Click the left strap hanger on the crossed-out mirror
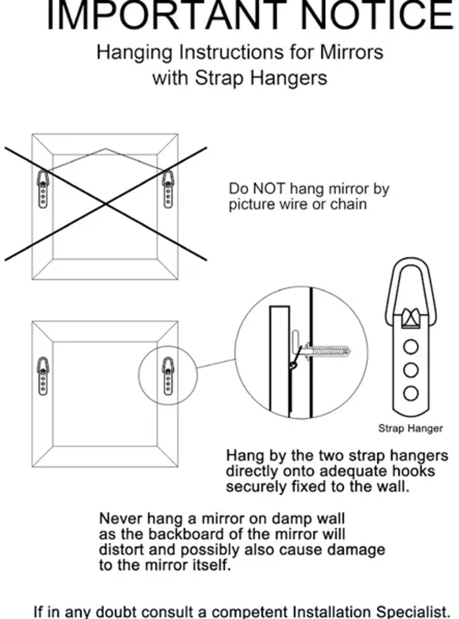coord(43,189)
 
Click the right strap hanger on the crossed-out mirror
coord(168,189)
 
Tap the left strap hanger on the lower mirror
coord(43,376)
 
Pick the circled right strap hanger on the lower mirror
coord(168,376)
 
